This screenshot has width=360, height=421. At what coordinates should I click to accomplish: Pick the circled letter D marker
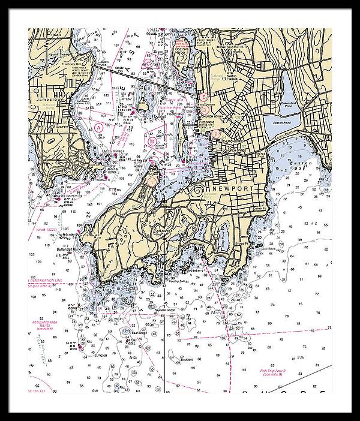[153, 142]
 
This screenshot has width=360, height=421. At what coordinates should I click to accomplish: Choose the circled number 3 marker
[205, 110]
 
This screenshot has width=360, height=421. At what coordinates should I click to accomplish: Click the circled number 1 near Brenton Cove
[152, 180]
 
